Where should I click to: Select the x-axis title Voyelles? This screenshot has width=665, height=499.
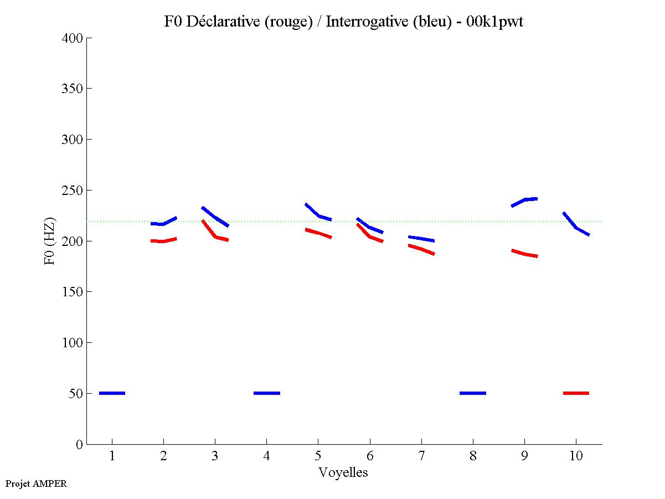pyautogui.click(x=343, y=472)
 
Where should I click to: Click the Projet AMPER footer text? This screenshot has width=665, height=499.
pyautogui.click(x=36, y=483)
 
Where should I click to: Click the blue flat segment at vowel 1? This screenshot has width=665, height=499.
pyautogui.click(x=112, y=393)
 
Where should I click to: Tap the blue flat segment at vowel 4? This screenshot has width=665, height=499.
pyautogui.click(x=266, y=393)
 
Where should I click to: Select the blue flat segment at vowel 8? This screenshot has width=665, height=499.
pyautogui.click(x=473, y=393)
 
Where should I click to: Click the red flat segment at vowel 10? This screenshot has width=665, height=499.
pyautogui.click(x=576, y=393)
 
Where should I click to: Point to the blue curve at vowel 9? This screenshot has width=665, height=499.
pyautogui.click(x=524, y=200)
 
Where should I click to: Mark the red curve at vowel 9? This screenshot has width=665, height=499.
pyautogui.click(x=524, y=254)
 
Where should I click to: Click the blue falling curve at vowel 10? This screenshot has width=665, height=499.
pyautogui.click(x=576, y=227)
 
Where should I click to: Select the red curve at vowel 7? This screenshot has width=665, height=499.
pyautogui.click(x=421, y=249)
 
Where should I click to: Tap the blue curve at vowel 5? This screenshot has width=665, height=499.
pyautogui.click(x=318, y=215)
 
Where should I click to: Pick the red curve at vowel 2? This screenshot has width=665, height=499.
pyautogui.click(x=163, y=241)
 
